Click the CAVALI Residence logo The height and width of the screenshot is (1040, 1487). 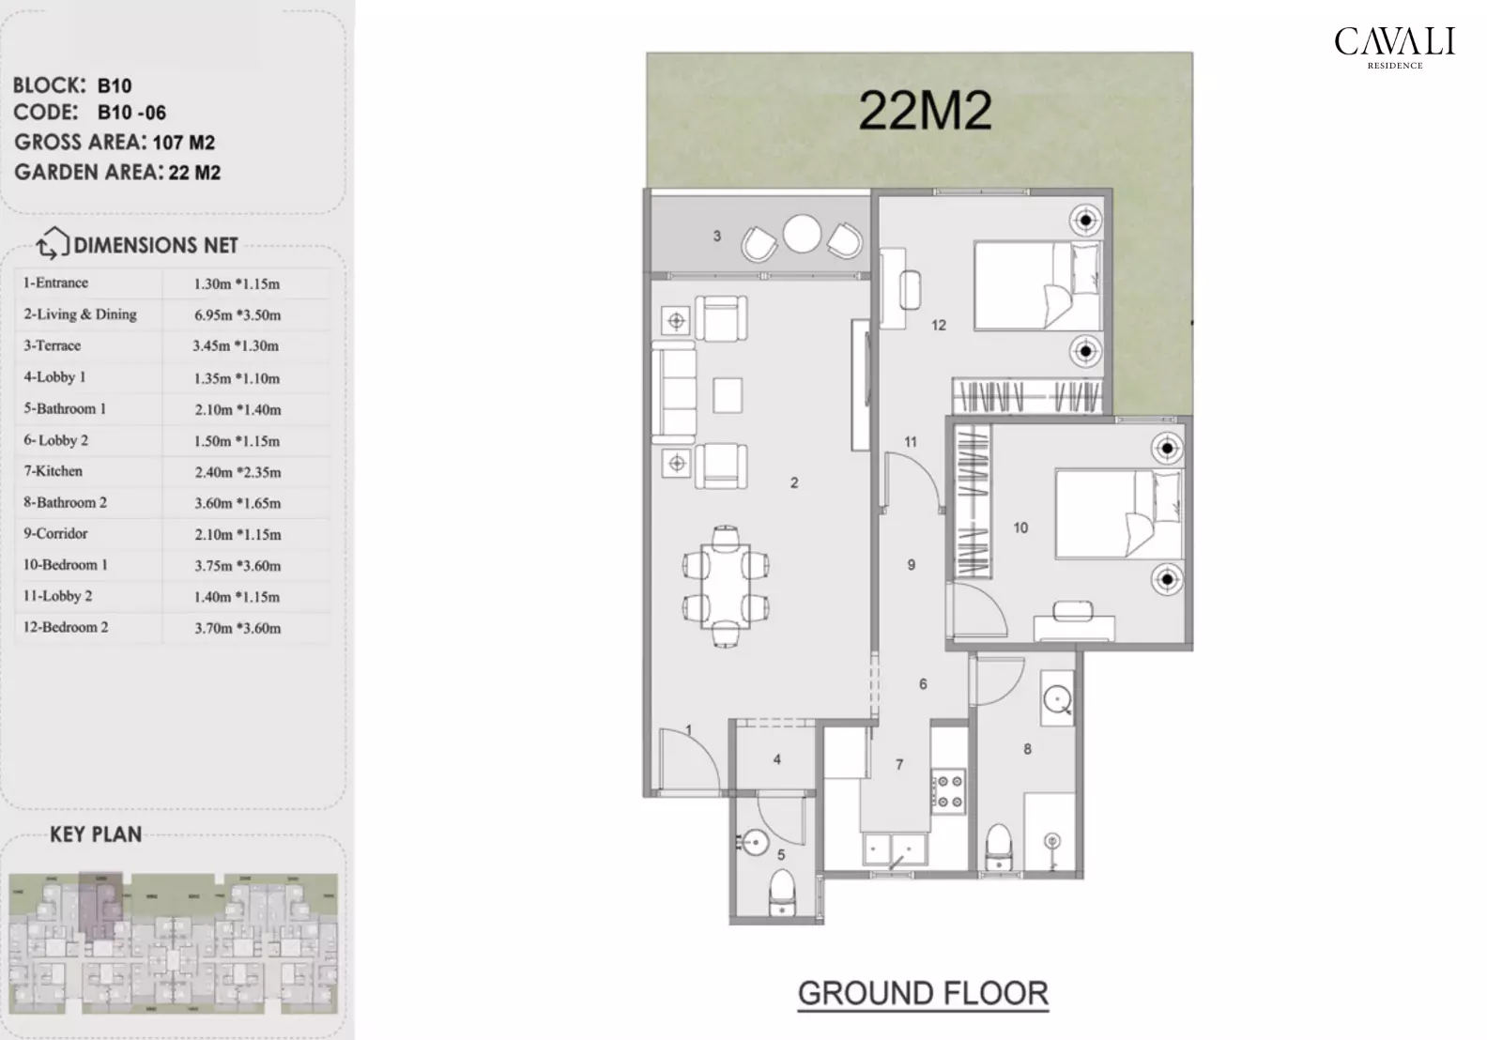(1394, 47)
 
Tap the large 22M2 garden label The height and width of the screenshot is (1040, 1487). (925, 111)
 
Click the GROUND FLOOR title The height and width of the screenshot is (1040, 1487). (922, 993)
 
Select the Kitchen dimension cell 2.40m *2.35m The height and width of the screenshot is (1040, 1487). (238, 472)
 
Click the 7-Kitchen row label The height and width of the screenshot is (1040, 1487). (54, 471)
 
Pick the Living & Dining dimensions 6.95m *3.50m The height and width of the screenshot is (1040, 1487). (238, 315)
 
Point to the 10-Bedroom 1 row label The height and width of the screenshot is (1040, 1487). (66, 565)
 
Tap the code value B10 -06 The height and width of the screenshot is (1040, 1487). (131, 114)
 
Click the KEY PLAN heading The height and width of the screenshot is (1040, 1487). (96, 834)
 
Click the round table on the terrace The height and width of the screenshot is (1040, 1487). (803, 235)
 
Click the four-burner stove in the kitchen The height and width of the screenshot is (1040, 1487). (947, 790)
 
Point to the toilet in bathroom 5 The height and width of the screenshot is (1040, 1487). (781, 893)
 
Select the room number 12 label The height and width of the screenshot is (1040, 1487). (939, 326)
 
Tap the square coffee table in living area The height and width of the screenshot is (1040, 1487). (727, 395)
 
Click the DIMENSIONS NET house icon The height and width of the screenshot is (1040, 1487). (53, 245)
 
